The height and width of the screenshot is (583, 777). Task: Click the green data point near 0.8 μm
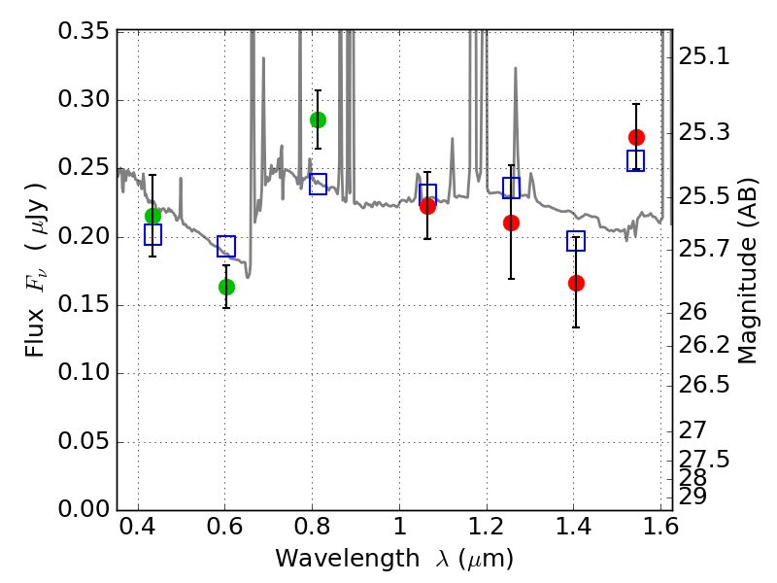[x=318, y=120]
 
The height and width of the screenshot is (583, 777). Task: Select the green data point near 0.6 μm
[x=226, y=287]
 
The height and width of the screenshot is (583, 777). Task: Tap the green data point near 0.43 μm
[x=152, y=216]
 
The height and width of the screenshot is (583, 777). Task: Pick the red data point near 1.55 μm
[x=636, y=137]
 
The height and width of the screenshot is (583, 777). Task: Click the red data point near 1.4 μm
[x=576, y=283]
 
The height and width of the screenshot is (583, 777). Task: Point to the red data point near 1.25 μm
[x=512, y=223]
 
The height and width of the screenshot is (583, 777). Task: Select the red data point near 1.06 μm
[x=427, y=206]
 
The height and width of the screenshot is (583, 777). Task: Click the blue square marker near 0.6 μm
[x=226, y=246]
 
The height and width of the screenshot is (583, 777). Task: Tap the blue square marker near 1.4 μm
[x=576, y=241]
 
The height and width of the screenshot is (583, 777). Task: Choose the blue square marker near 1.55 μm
[x=635, y=160]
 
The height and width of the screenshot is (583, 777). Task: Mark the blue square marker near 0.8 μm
[x=318, y=184]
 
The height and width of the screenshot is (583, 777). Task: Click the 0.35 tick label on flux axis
[x=84, y=31]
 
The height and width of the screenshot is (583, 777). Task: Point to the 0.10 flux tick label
[x=84, y=372]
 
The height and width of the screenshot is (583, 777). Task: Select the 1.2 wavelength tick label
[x=487, y=527]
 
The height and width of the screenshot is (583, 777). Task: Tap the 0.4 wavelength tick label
[x=138, y=527]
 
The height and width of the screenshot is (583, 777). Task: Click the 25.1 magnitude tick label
[x=703, y=56]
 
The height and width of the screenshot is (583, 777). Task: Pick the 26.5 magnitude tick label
[x=703, y=385]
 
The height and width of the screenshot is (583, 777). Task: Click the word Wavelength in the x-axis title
[x=348, y=559]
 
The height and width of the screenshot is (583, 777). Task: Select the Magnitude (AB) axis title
[x=747, y=271]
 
